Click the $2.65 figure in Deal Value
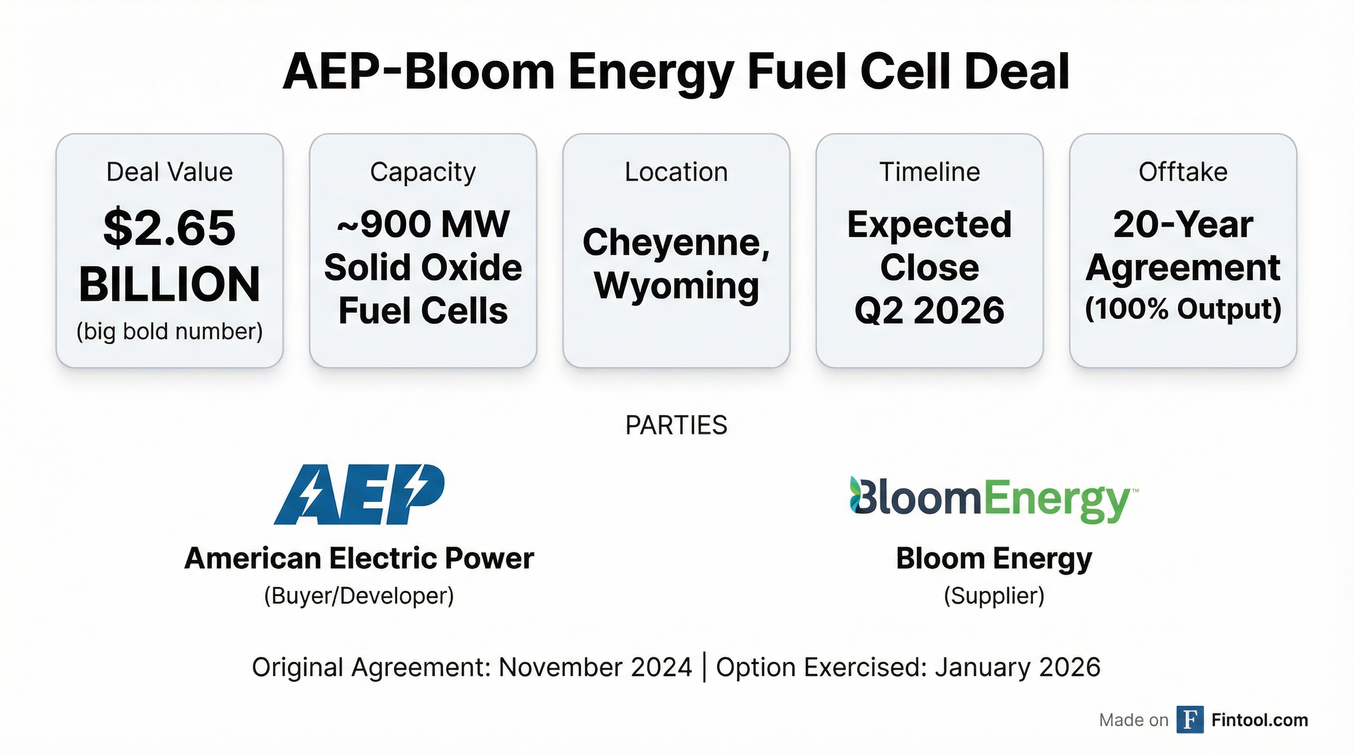point(169,228)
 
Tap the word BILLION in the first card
point(169,284)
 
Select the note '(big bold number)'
point(169,332)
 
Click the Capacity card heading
point(423,173)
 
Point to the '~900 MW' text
point(423,224)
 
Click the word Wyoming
point(676,287)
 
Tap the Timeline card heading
point(930,172)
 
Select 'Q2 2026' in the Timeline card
point(930,310)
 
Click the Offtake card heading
point(1183,172)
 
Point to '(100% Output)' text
point(1183,309)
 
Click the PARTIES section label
point(676,425)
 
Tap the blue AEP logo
point(359,494)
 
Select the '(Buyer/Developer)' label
point(359,596)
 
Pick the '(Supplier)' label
point(994,596)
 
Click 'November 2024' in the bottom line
point(595,668)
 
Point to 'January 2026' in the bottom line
point(1017,668)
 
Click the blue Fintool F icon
point(1190,720)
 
